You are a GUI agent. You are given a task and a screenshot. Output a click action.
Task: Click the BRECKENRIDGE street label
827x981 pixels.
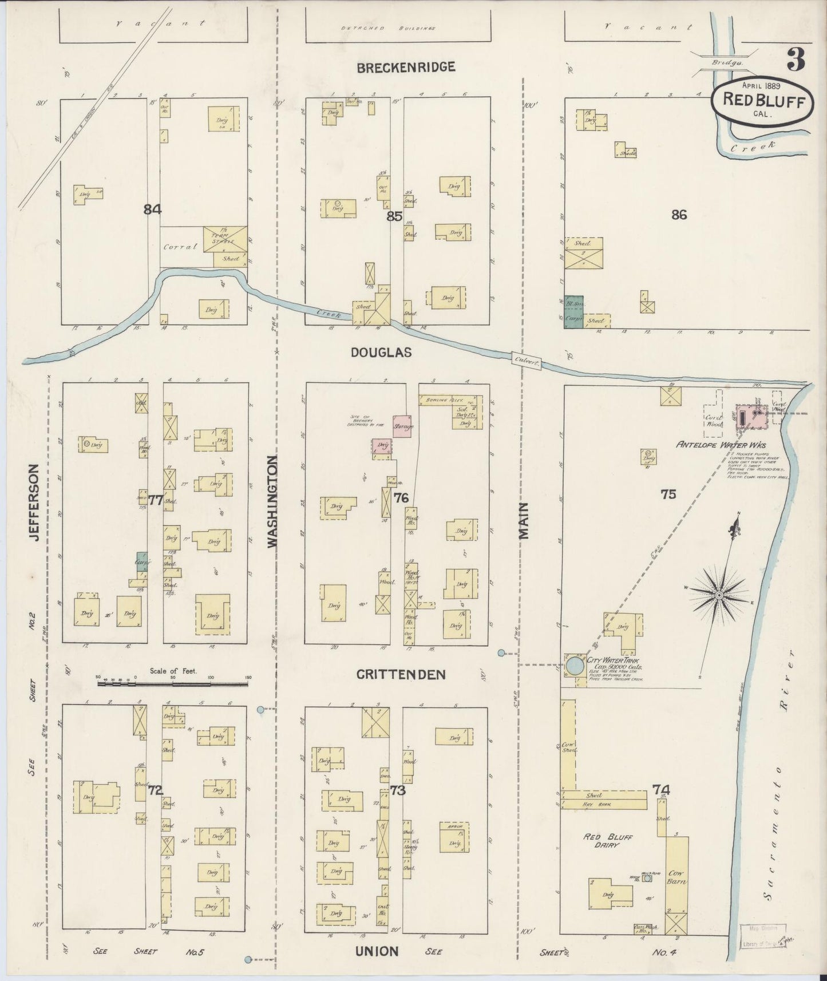tap(406, 68)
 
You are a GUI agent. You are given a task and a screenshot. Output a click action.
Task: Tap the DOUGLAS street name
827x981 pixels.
tap(381, 353)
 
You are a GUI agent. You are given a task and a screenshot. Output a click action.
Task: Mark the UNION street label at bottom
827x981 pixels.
tap(377, 951)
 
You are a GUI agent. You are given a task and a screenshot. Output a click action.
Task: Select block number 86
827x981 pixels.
tap(679, 215)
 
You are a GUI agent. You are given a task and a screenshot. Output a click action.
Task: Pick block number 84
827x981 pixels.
tap(152, 209)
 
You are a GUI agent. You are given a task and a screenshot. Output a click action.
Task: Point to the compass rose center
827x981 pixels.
tap(719, 596)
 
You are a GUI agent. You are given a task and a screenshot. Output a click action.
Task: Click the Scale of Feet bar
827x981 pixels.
tap(173, 683)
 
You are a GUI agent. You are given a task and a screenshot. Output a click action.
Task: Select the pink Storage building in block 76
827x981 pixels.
tap(402, 426)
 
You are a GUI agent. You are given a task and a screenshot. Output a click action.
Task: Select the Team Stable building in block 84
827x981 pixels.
tap(226, 239)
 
